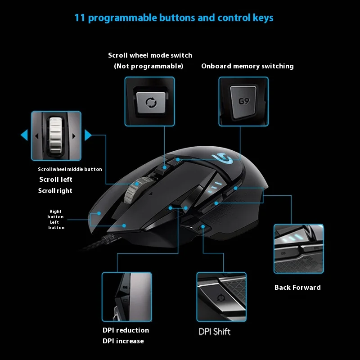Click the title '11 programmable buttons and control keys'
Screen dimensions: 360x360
tap(174, 18)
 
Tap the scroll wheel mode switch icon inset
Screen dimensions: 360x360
tap(150, 101)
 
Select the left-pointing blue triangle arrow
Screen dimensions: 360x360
tap(24, 135)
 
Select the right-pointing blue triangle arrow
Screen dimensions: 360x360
tap(88, 135)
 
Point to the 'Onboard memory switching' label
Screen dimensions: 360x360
tap(247, 66)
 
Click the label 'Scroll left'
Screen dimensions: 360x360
tap(55, 180)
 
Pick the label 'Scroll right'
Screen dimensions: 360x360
tap(55, 191)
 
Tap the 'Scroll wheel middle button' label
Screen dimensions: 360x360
tap(70, 169)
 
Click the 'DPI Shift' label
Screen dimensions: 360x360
tap(215, 332)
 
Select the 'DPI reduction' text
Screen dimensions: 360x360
tap(126, 330)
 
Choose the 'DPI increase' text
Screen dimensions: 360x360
tap(123, 341)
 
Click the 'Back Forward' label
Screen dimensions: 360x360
tap(297, 288)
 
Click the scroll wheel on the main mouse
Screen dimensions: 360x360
tap(132, 191)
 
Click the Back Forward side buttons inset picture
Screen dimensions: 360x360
tap(298, 249)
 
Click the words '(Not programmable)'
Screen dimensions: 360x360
tap(148, 66)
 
